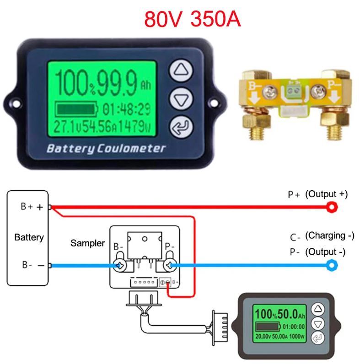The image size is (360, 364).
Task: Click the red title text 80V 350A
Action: (192, 19)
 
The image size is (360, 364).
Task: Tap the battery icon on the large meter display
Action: (76, 109)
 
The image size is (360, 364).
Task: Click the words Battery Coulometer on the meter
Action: (106, 149)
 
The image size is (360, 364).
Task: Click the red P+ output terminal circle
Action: (330, 208)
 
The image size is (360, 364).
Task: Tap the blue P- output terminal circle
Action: (330, 265)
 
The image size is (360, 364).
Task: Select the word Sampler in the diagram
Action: (87, 243)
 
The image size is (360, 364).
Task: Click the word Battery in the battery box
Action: (29, 237)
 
